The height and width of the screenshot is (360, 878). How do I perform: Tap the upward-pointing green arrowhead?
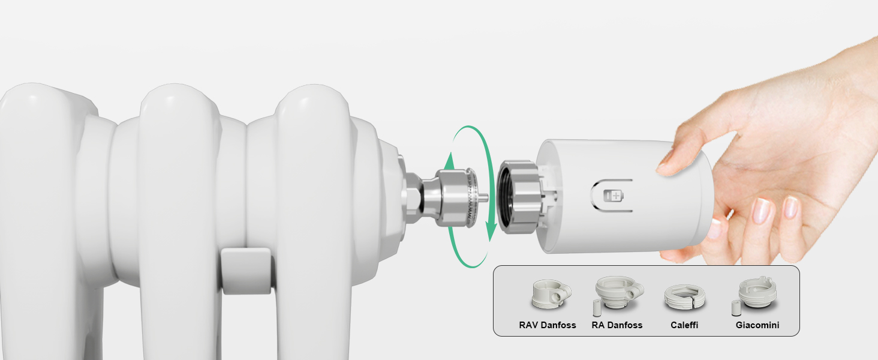coord(450,161)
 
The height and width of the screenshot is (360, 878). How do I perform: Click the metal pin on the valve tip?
coord(484,197)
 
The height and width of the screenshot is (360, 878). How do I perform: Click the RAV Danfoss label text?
coord(547,325)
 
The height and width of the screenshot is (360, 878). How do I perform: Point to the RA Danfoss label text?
coord(617,325)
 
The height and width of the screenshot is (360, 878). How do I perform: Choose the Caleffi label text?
coord(684,325)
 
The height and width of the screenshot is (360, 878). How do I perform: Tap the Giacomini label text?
coord(757,325)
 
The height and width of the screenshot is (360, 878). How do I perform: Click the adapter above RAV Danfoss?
coord(551,294)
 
